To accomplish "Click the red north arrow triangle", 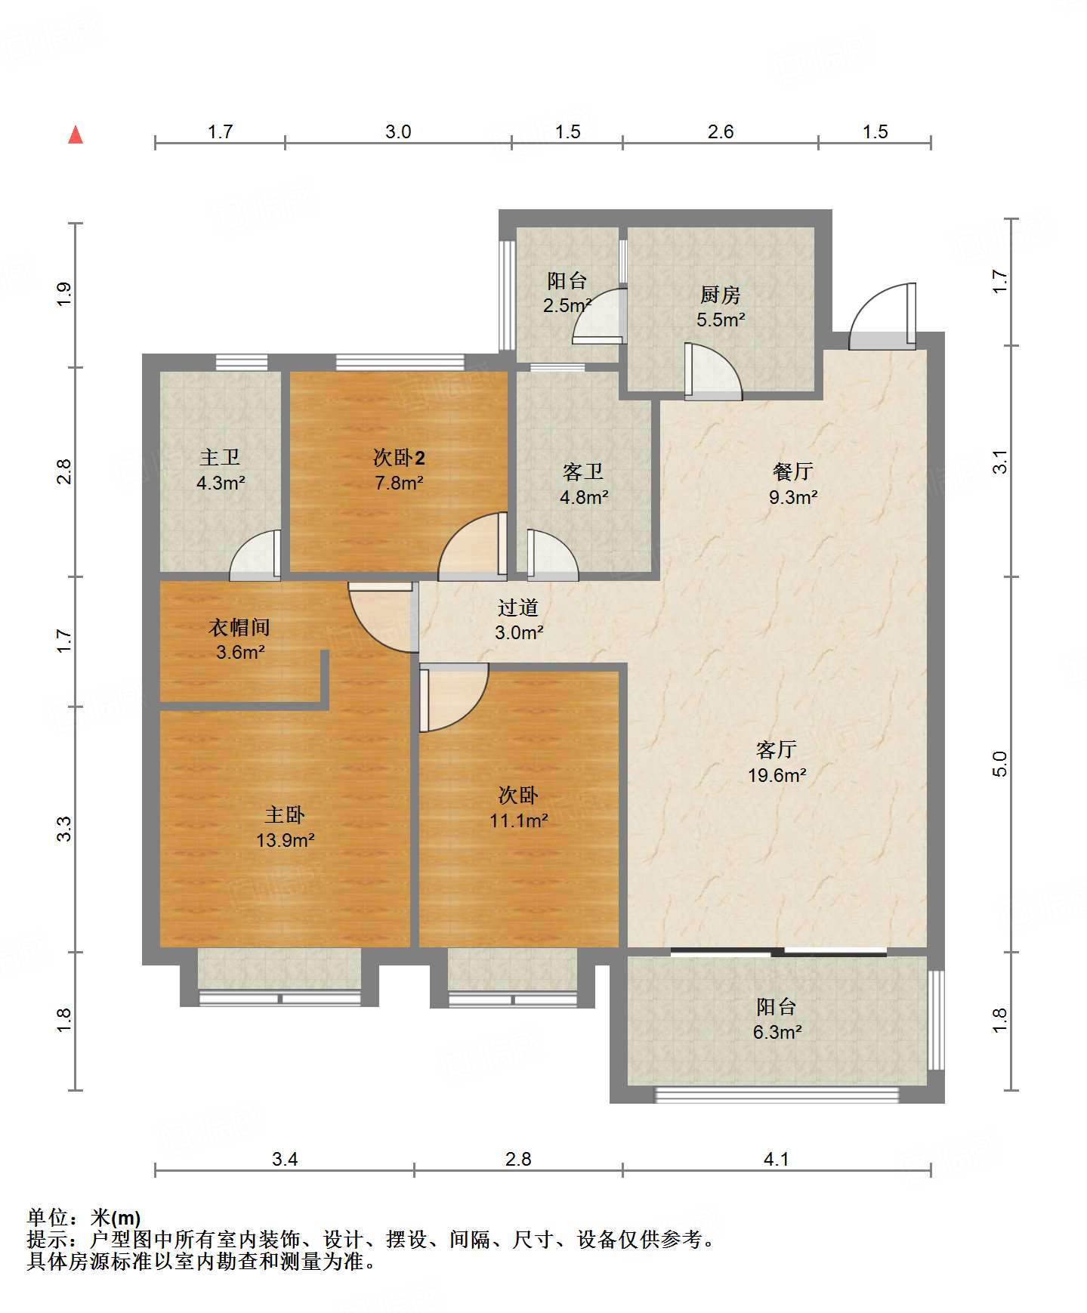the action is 76,134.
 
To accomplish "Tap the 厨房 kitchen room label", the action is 720,295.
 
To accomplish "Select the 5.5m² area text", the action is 721,320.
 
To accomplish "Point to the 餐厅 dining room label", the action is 793,471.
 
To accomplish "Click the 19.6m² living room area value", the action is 777,775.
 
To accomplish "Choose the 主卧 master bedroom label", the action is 285,814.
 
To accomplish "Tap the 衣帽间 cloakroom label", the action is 239,627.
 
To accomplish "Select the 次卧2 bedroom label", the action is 399,457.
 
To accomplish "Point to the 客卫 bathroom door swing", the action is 553,555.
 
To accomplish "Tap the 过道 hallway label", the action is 518,607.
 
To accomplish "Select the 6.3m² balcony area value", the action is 777,1032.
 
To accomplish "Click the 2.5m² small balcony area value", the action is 567,306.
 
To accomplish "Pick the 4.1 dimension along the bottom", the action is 777,1159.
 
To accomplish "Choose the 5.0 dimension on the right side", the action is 1000,764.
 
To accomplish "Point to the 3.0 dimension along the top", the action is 398,131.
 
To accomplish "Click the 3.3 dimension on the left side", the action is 64,829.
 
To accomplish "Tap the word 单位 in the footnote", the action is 48,1217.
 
